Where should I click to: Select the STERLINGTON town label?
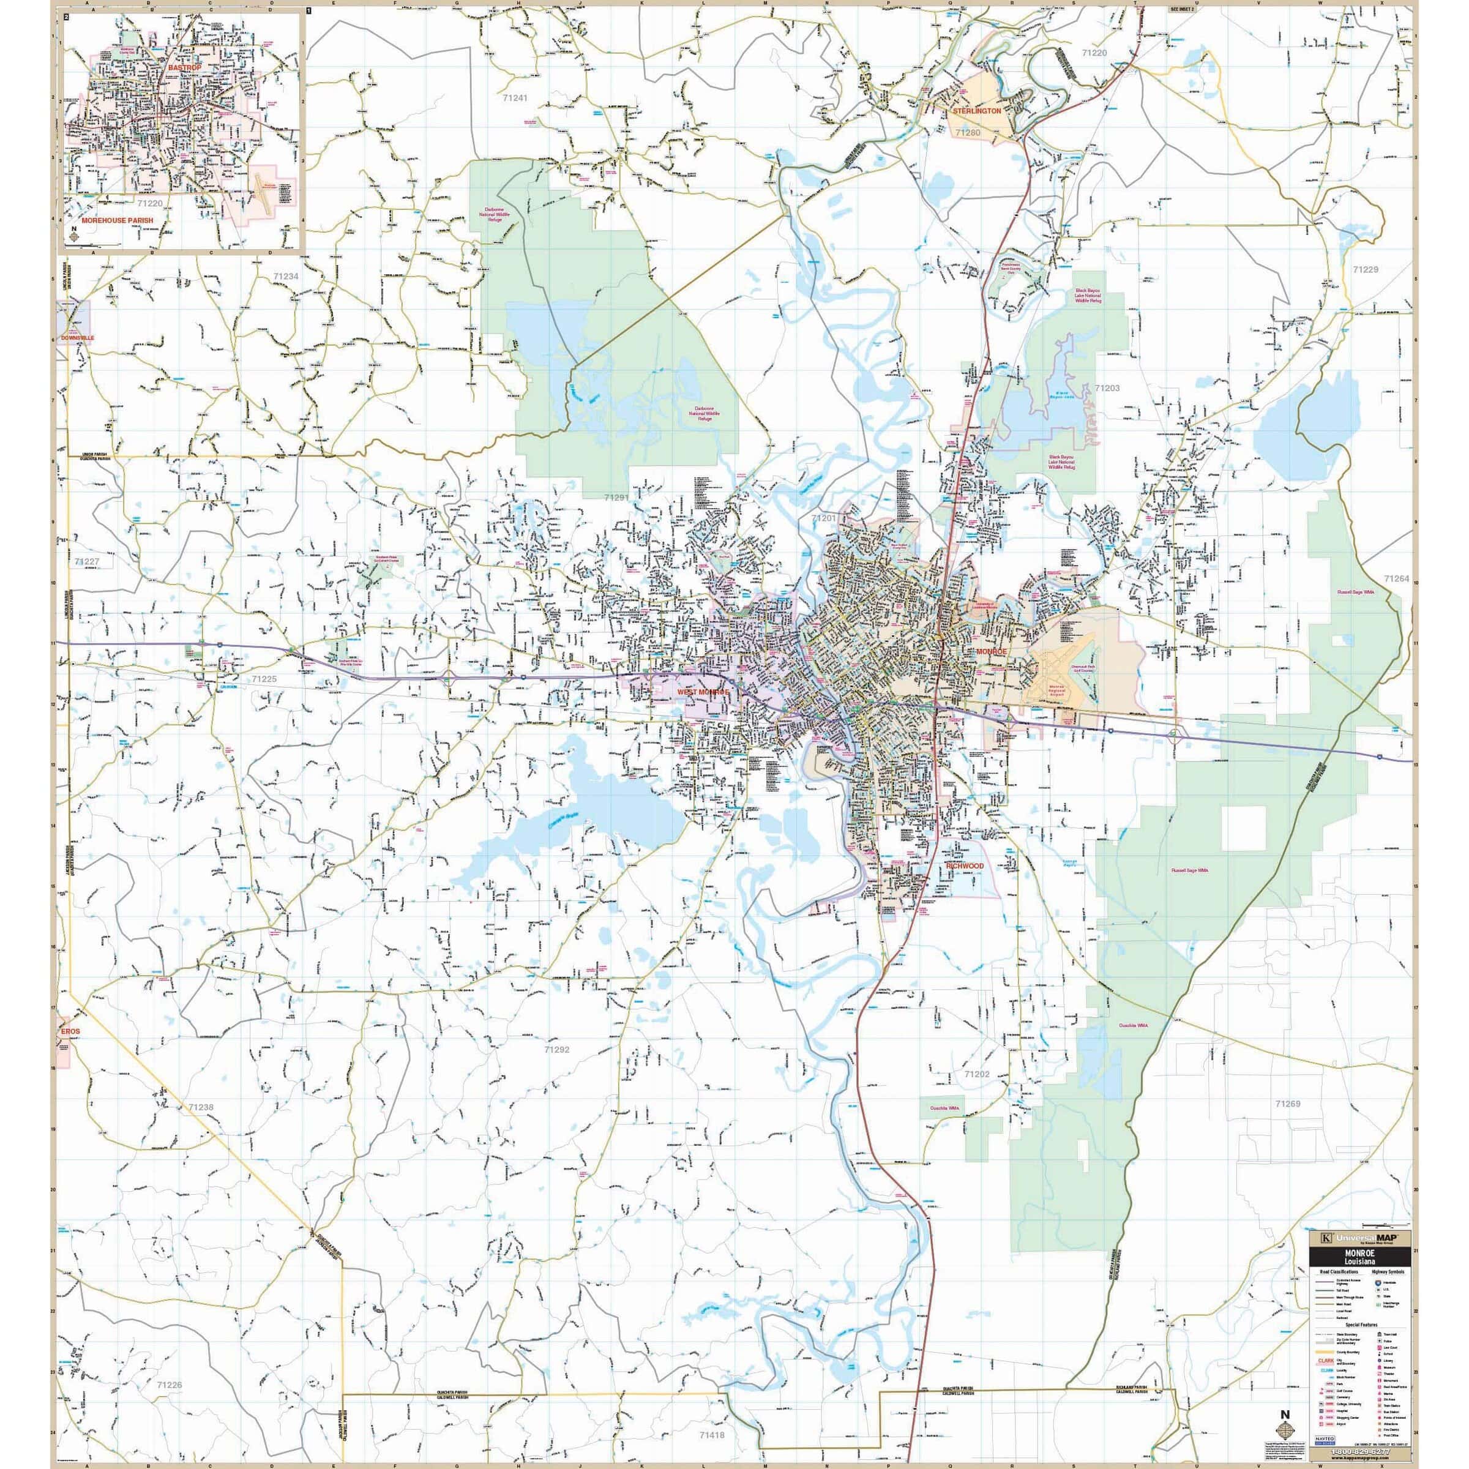[977, 110]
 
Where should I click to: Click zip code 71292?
[556, 1048]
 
